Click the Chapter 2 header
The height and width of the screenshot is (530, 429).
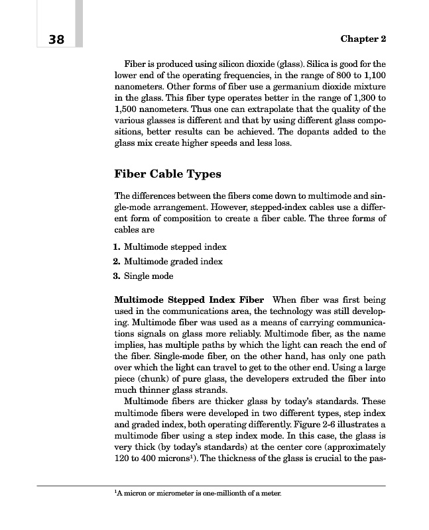(363, 39)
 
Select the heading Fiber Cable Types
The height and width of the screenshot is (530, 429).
(168, 174)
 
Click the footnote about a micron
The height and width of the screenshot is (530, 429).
(198, 494)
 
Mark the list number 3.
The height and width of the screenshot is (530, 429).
(117, 276)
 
